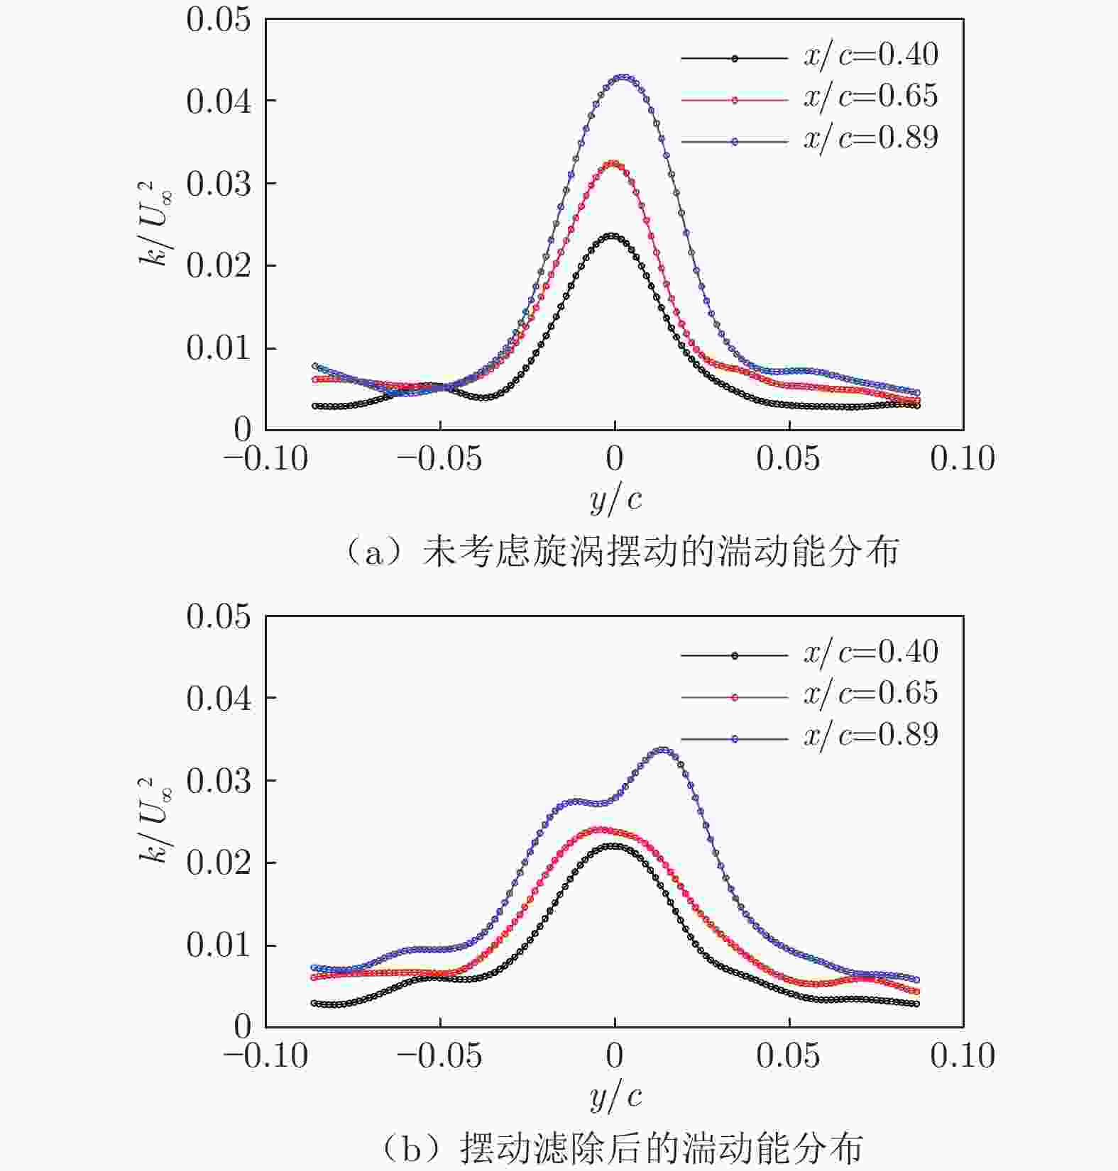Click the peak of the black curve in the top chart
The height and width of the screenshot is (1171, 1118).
coord(612,236)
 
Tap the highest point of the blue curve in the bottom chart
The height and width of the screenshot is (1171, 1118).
coord(663,750)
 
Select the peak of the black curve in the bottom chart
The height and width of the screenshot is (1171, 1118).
coord(613,845)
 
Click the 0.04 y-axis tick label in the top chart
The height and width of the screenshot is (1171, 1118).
coord(219,102)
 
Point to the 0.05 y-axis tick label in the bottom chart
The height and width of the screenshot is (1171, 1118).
coord(219,617)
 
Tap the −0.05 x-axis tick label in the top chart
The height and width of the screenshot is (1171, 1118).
coord(439,460)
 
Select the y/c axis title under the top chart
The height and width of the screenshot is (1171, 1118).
coord(615,500)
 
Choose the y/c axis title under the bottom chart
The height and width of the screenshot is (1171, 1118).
coord(615,1097)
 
